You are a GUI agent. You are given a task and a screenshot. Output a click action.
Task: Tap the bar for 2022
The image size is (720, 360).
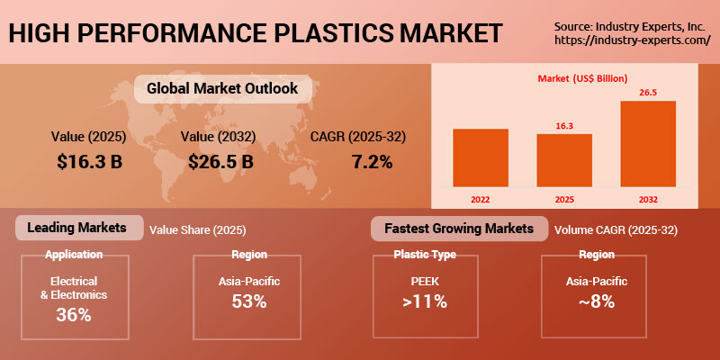pyautogui.click(x=481, y=157)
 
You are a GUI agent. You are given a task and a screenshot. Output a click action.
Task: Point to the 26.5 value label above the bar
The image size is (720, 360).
pyautogui.click(x=647, y=91)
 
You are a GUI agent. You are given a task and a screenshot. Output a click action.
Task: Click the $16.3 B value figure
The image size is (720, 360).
pyautogui.click(x=89, y=162)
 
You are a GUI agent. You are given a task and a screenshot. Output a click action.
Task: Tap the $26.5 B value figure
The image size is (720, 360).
pyautogui.click(x=221, y=162)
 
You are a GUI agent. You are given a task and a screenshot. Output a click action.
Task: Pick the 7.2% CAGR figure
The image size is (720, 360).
pyautogui.click(x=371, y=162)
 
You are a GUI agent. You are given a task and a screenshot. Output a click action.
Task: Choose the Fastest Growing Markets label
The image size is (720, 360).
pyautogui.click(x=458, y=229)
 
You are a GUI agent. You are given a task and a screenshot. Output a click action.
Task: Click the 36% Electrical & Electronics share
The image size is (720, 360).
pyautogui.click(x=75, y=315)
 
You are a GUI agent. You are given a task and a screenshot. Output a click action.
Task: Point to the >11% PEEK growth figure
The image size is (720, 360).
pyautogui.click(x=425, y=301)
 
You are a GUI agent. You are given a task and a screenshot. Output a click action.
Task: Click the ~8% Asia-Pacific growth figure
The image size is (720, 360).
pyautogui.click(x=596, y=301)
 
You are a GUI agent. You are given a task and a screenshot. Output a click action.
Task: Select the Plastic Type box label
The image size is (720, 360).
pyautogui.click(x=425, y=255)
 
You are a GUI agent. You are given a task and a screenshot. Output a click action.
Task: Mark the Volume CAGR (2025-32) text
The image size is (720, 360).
pyautogui.click(x=616, y=229)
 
